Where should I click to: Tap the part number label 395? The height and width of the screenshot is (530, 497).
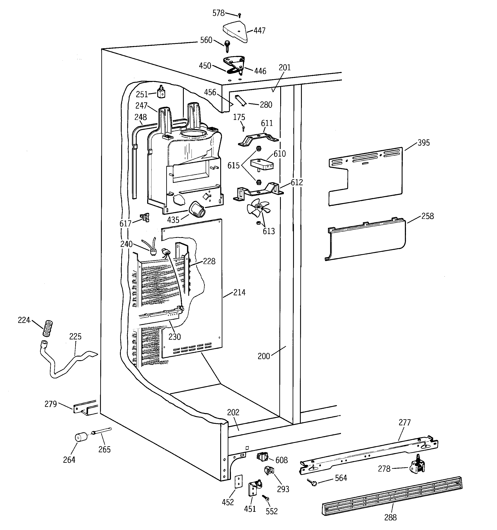tap(424, 143)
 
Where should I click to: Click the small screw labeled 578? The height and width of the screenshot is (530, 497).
tap(240, 15)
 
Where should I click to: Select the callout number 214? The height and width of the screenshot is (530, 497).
tap(239, 293)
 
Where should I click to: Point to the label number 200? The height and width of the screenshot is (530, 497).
tap(263, 356)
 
